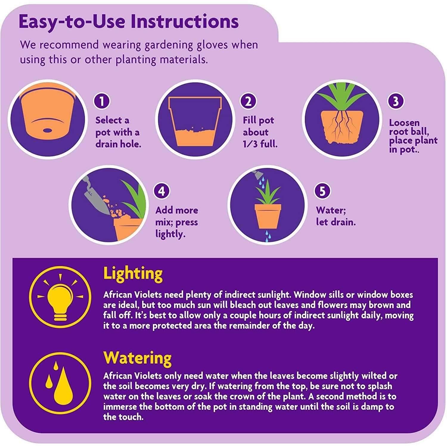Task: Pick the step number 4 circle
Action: [162, 191]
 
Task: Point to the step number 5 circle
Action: [322, 191]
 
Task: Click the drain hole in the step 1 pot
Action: [47, 130]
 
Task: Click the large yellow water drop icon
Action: [63, 386]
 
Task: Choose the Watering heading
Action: [137, 358]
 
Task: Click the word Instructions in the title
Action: [184, 22]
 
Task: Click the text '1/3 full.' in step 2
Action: [260, 144]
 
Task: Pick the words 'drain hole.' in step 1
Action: [118, 144]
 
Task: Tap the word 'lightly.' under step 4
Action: [170, 234]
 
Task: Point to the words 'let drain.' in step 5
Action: [336, 222]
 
